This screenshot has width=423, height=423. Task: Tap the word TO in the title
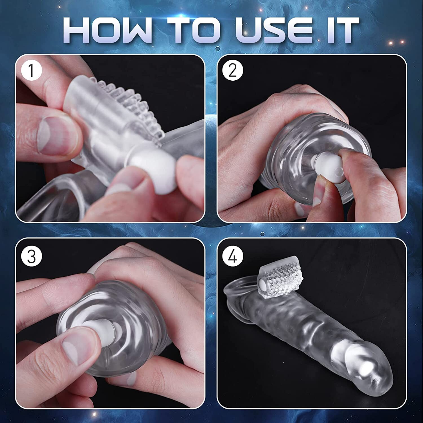point(189,30)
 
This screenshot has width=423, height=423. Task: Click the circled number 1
point(31,70)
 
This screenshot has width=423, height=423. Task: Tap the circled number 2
point(232,70)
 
